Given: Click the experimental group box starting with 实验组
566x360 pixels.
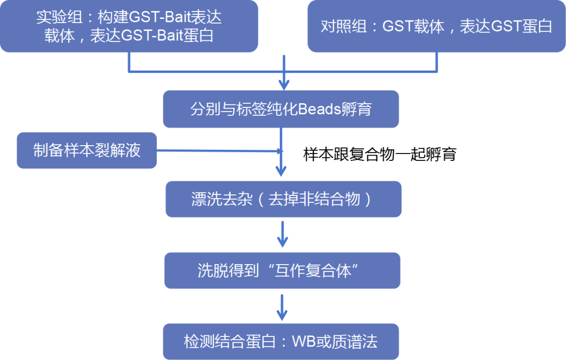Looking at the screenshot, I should pos(129,26).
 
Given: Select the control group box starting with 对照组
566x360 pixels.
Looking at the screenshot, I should pos(436,26).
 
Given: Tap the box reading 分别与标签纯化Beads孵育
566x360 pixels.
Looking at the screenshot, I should pos(281,110).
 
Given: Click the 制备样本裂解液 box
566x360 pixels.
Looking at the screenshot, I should pos(86,151).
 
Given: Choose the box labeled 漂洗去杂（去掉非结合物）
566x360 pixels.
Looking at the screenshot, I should pos(283,199).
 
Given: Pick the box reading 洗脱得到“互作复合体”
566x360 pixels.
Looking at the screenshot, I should pos(282,270).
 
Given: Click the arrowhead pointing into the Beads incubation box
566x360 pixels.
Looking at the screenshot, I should pos(284,84).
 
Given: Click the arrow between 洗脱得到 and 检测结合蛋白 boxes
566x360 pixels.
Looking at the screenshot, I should pos(282,308).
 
